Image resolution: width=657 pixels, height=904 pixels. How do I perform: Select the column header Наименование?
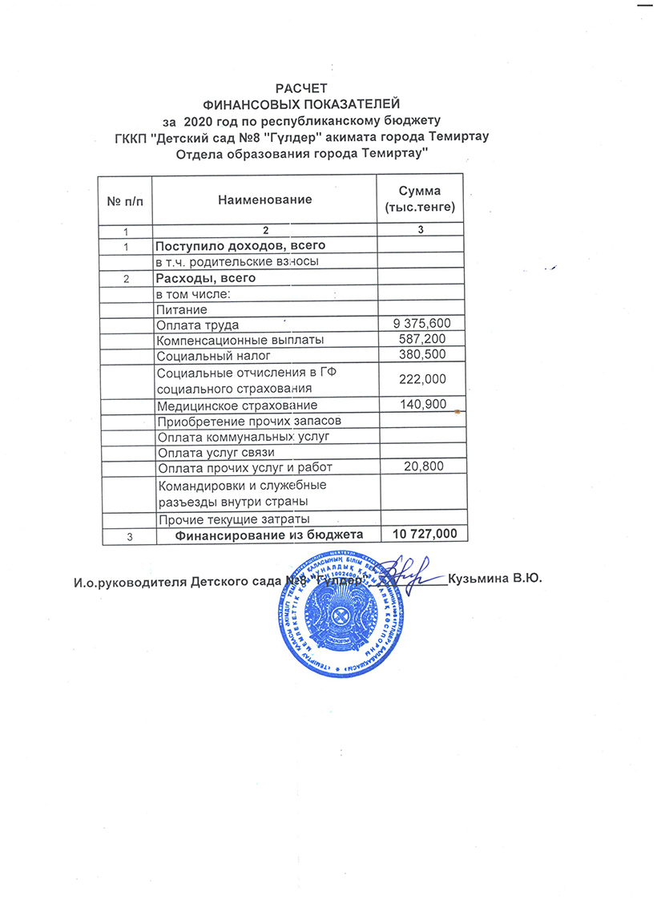coord(264,199)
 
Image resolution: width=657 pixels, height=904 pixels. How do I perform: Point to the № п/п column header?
coord(124,199)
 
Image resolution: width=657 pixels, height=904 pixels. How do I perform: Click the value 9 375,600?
coord(420,324)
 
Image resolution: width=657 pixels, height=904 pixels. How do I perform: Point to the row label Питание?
coord(182,309)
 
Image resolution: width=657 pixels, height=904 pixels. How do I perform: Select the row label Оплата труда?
coord(198,325)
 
